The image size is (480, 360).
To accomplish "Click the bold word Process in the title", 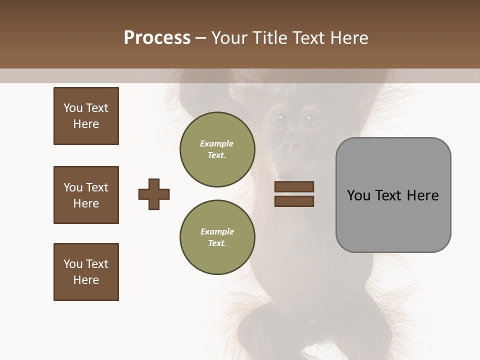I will point(157,37).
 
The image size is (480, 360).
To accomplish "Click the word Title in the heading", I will point(270,37).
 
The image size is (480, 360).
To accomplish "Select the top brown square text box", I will point(86,116).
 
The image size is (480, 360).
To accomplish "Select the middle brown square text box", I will point(86,195).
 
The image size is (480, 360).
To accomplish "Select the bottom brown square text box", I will point(86,272).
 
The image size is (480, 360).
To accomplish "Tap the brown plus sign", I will point(154,194).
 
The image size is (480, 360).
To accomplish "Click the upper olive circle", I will point(217,149).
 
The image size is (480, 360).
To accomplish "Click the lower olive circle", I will point(217,237).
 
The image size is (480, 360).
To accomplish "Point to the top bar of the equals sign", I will point(294,187).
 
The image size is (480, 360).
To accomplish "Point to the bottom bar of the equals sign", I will point(294,201).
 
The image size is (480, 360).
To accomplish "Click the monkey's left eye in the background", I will point(279,118).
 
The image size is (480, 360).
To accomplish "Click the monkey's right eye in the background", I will point(309,118).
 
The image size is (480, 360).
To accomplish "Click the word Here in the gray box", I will point(422,195).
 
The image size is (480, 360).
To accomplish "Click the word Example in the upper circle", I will point(217,143).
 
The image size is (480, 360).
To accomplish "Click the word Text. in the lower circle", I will point(217,243).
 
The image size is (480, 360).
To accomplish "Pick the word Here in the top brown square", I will point(86,124).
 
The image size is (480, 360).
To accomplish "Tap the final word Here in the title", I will point(350,37).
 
